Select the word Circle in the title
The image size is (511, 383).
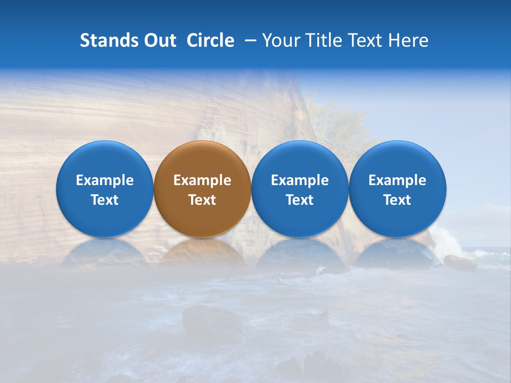tap(210, 40)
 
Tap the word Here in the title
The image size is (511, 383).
tap(409, 40)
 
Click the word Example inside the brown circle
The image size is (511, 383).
tap(202, 180)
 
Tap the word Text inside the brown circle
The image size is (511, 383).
tap(202, 200)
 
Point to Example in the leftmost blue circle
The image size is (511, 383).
tap(105, 180)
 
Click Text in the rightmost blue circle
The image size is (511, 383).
tap(398, 200)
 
